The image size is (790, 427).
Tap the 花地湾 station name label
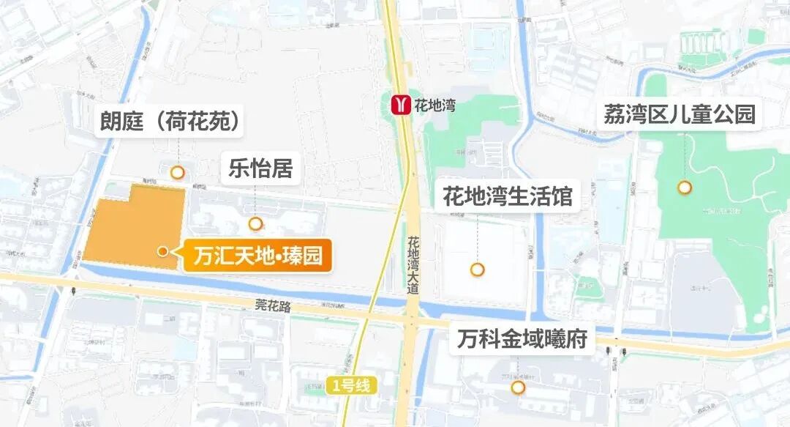(435, 105)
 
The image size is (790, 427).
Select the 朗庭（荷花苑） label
(170, 121)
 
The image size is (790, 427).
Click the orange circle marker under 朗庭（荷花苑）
(177, 173)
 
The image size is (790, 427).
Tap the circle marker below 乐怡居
(255, 223)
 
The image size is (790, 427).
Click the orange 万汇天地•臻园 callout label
(257, 257)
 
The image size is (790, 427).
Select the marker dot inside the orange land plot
(163, 251)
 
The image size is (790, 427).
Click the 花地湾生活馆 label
(507, 196)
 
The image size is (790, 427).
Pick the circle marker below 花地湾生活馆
(478, 270)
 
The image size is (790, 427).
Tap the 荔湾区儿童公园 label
(679, 114)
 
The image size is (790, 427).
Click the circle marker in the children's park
(685, 187)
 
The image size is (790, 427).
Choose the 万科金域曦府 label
(522, 340)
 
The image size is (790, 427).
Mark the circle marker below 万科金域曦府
(519, 387)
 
